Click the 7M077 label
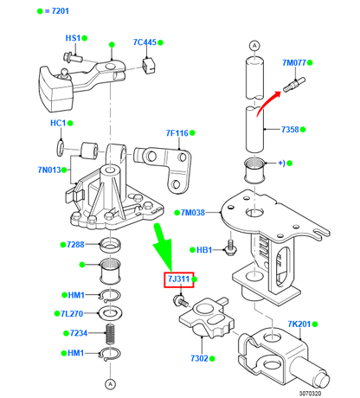296,63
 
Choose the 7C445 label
145,42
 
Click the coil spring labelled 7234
110,333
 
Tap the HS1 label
73,39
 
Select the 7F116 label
177,133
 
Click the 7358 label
291,130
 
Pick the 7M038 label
193,212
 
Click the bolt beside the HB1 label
230,248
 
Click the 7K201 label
299,324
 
